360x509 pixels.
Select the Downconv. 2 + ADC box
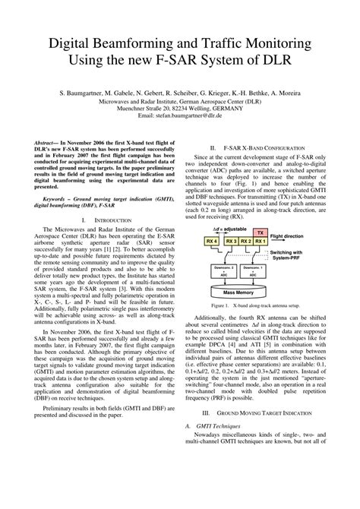222,270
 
